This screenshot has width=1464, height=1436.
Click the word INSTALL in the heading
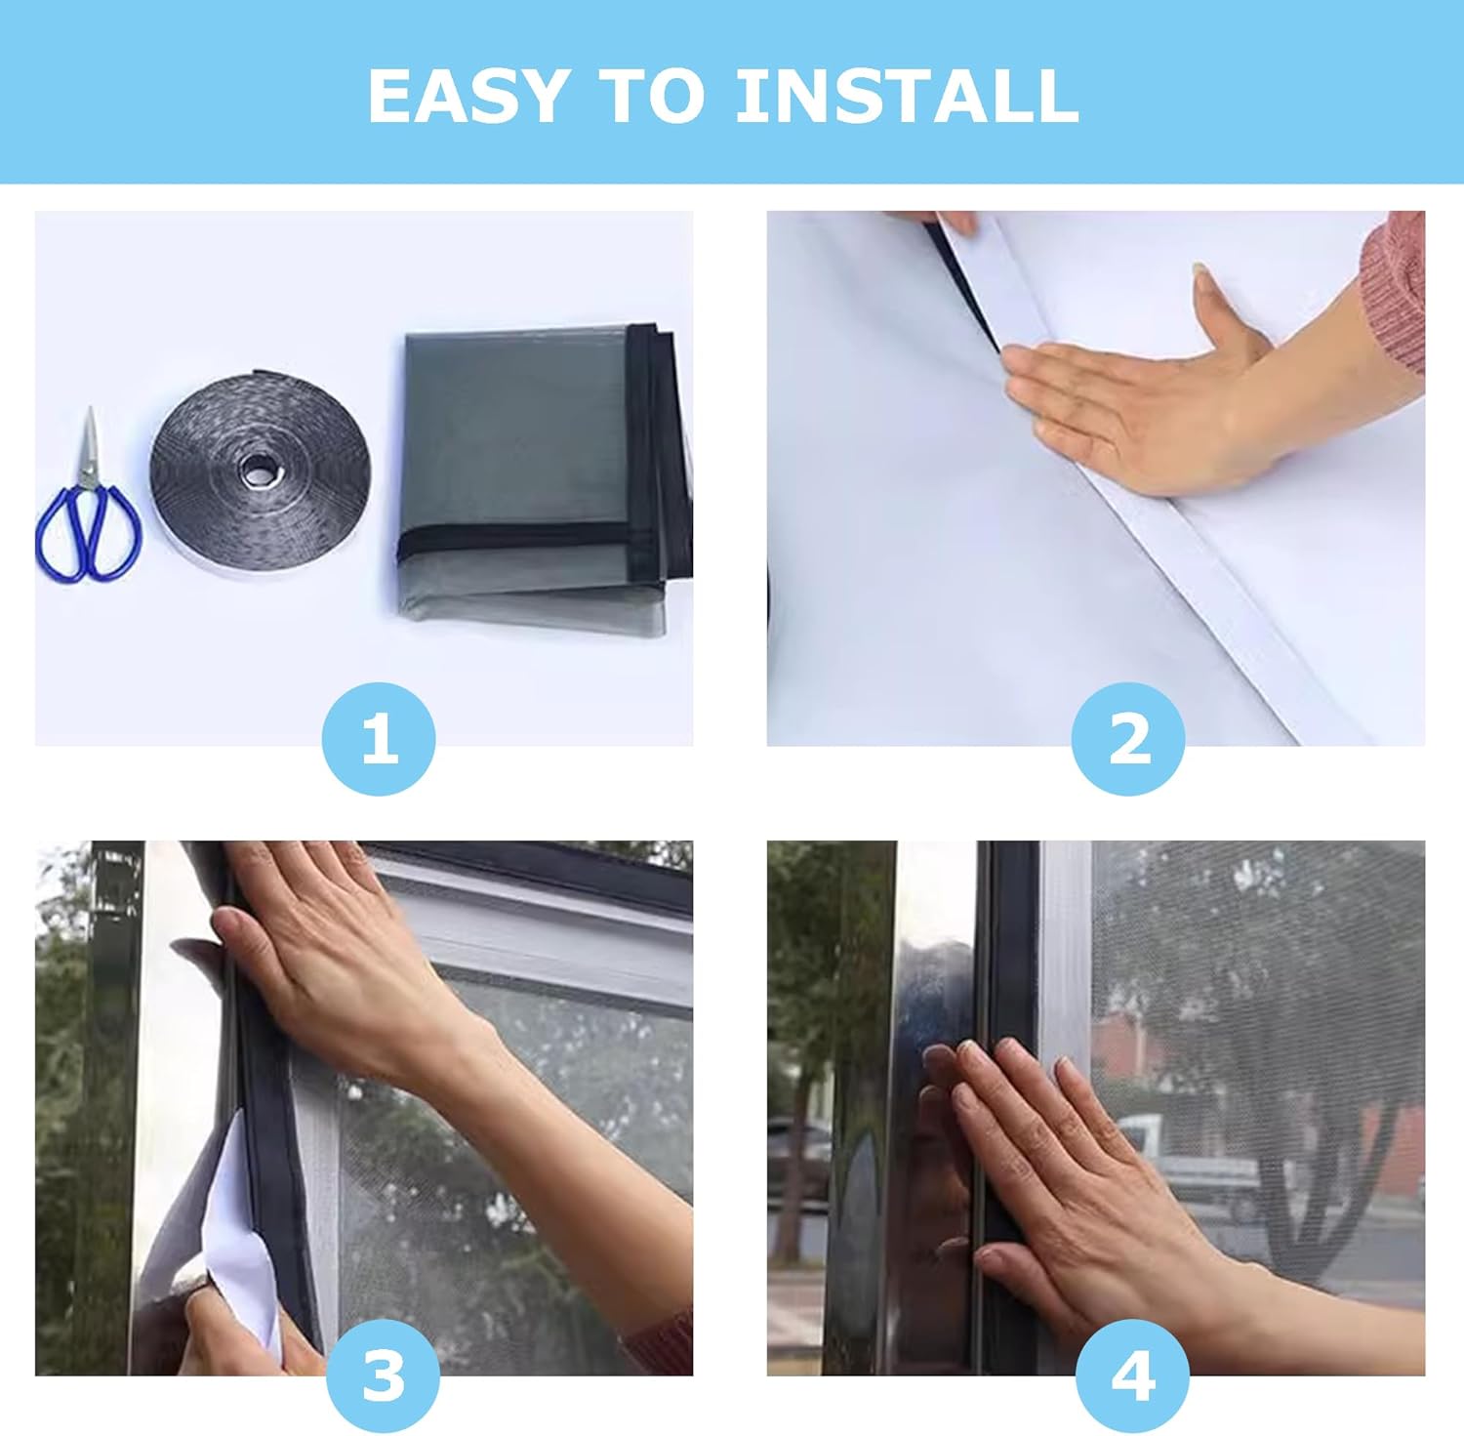[x=907, y=96]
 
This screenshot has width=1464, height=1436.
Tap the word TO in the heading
[x=651, y=96]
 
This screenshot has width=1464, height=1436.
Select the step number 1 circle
[x=379, y=739]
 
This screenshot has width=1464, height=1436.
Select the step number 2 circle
[x=1128, y=739]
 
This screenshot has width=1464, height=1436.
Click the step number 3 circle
[x=383, y=1375]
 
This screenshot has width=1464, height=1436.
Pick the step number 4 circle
[x=1132, y=1375]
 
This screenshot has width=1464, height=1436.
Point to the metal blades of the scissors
[x=90, y=444]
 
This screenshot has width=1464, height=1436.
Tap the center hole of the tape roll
[x=260, y=472]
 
